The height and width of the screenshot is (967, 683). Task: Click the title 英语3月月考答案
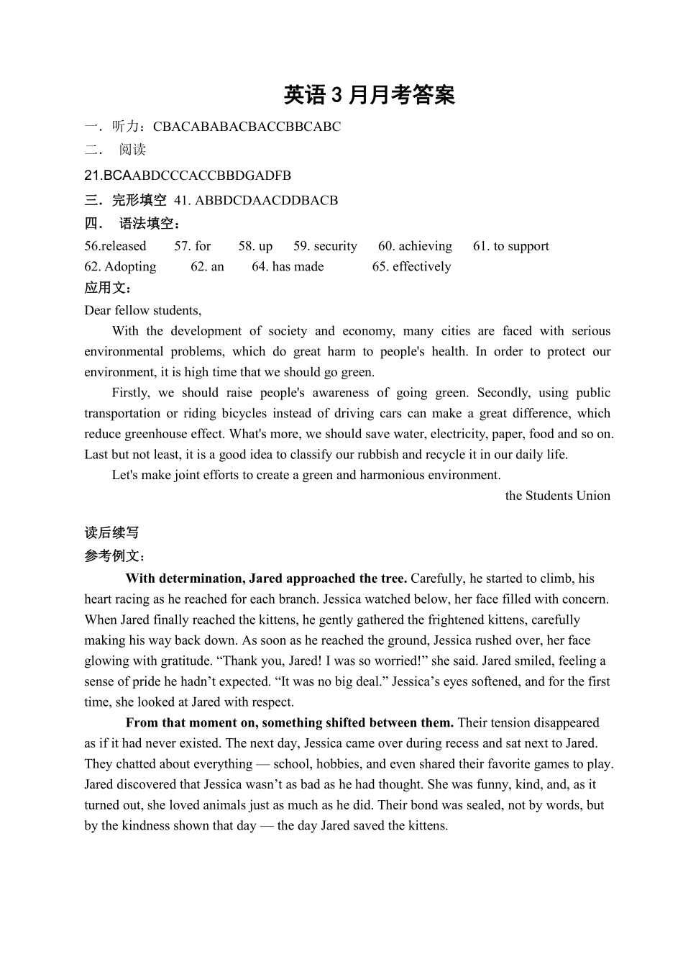(370, 94)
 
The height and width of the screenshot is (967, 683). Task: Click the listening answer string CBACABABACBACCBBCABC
(247, 127)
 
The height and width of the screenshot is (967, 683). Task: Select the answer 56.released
(115, 246)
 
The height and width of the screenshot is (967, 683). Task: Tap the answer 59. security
(325, 246)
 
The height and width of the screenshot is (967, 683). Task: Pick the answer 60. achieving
(415, 246)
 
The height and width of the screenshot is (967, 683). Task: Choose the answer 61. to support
(510, 246)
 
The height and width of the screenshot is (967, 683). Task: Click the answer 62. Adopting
(120, 266)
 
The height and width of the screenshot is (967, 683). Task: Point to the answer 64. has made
(288, 266)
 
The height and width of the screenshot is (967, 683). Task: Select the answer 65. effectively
(411, 266)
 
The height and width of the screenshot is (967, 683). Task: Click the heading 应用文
(107, 288)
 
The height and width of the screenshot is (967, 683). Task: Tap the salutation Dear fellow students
(142, 310)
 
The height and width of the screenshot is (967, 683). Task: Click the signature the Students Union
(557, 495)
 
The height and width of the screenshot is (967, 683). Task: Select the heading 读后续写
(111, 532)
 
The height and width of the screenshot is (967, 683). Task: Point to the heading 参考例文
(114, 555)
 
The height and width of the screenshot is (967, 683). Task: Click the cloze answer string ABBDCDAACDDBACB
(266, 200)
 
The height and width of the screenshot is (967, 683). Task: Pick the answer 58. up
(255, 246)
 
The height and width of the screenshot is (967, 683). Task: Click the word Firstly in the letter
(131, 392)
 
